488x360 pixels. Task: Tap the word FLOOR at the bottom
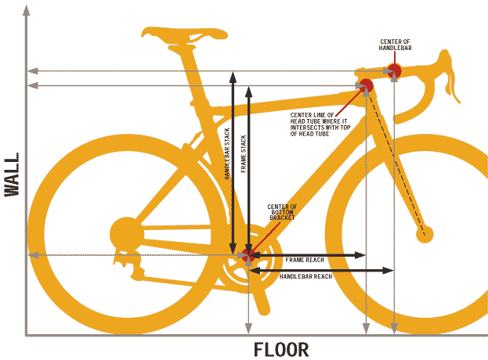tap(281, 349)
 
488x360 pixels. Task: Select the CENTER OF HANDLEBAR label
tap(396, 44)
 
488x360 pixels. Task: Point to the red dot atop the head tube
tap(365, 85)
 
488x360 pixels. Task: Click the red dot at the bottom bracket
tap(248, 256)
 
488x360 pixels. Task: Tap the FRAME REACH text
tap(305, 259)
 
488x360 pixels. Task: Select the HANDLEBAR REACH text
tap(306, 277)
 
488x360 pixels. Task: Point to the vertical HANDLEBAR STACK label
tap(227, 153)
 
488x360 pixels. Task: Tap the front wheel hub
tap(425, 233)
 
